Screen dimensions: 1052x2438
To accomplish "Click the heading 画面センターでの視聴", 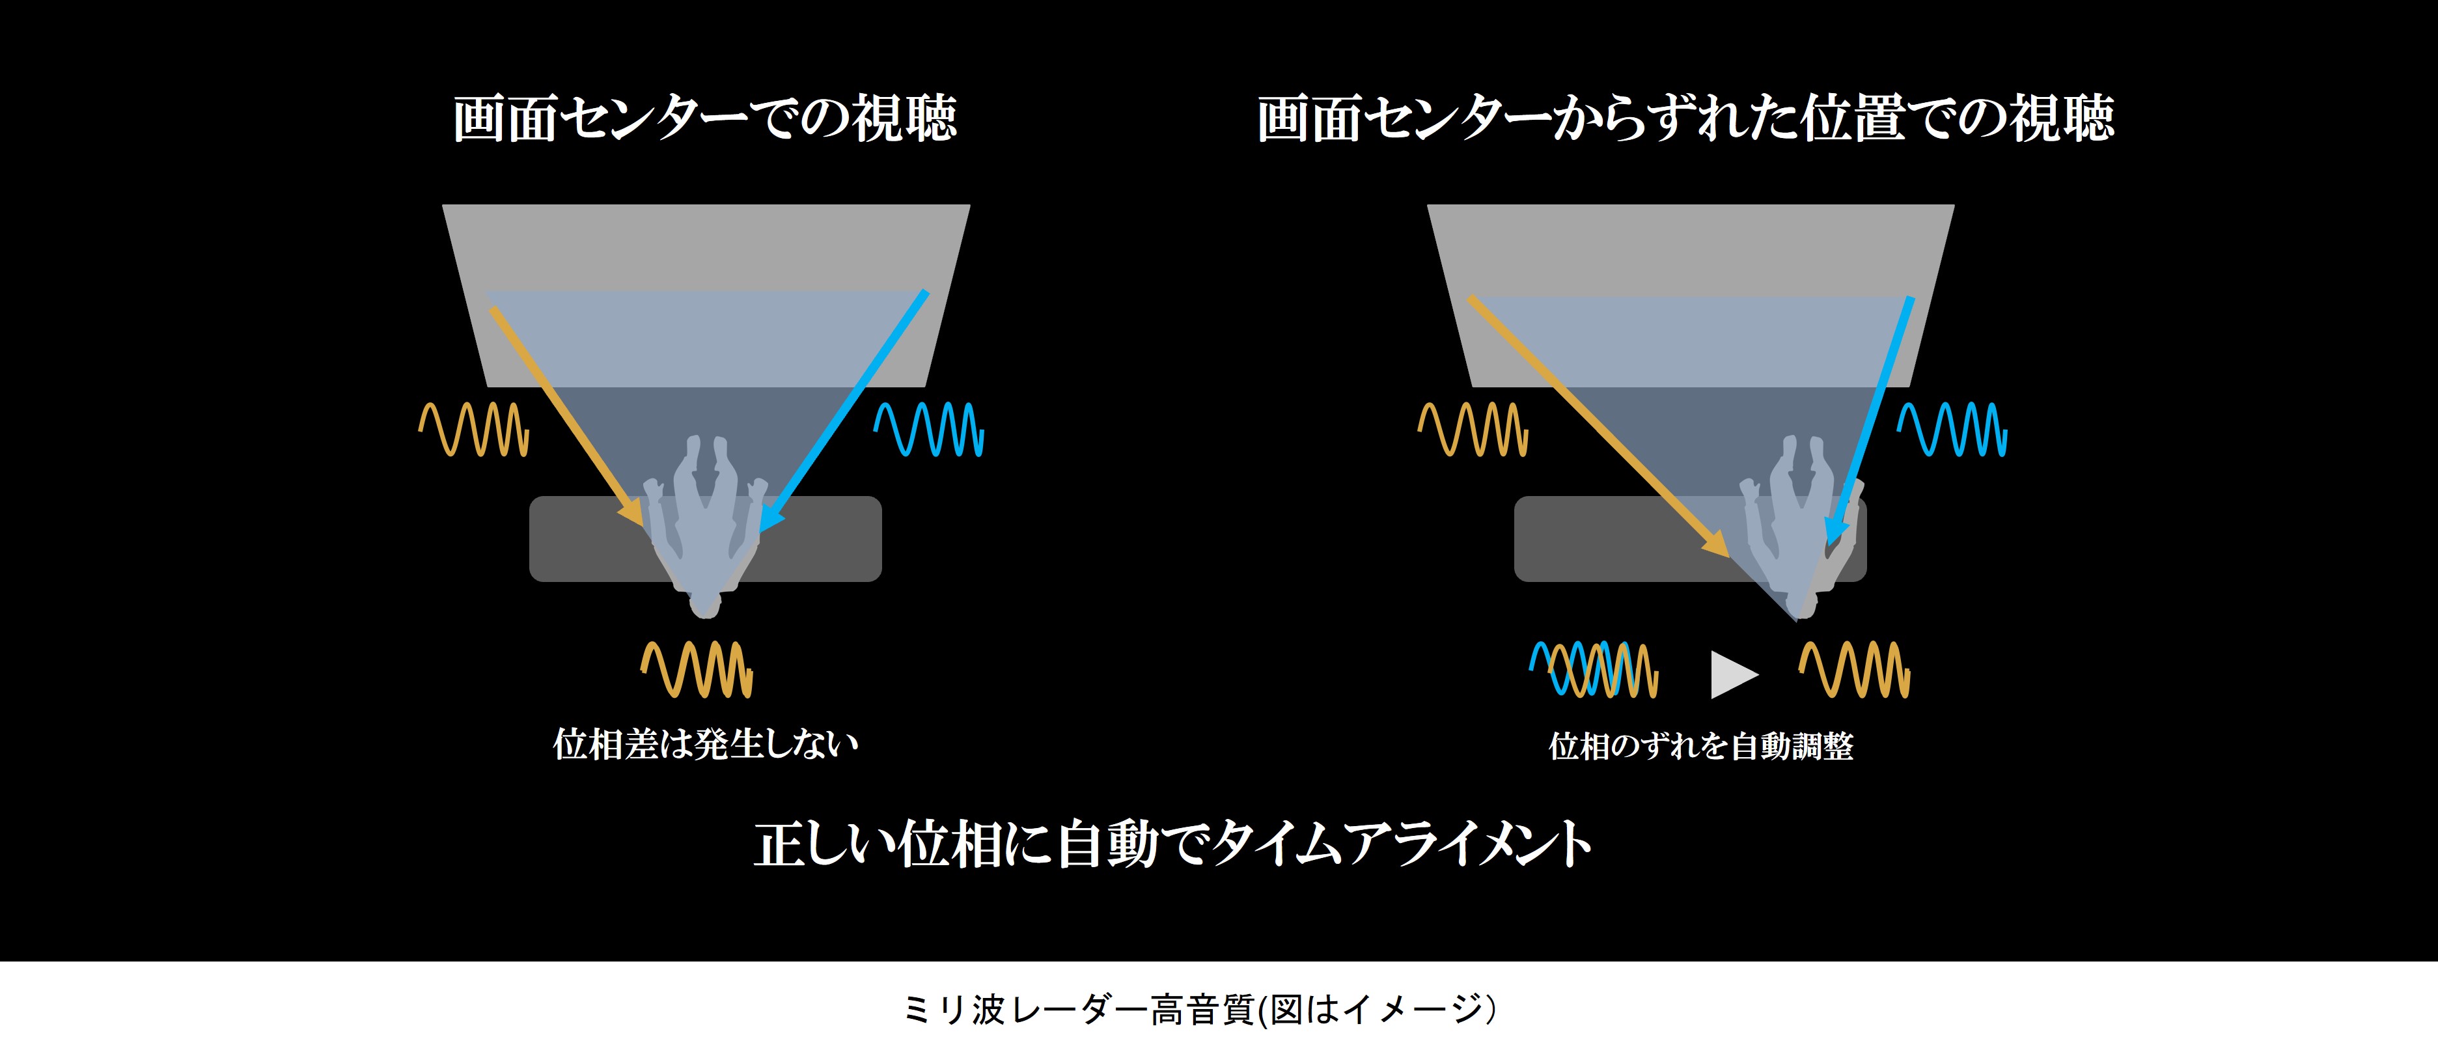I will [x=704, y=119].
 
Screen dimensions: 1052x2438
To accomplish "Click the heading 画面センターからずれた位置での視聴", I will [x=1685, y=119].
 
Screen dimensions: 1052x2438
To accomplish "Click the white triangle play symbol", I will [x=1731, y=674].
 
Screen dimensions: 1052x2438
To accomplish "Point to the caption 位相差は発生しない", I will [x=705, y=745].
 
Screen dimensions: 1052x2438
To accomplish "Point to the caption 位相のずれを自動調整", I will [x=1700, y=747].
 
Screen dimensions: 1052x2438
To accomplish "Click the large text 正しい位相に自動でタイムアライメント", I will [x=1172, y=844].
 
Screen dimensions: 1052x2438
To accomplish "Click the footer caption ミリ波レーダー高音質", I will [x=1200, y=1010].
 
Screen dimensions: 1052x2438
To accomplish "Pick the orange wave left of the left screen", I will [x=474, y=430].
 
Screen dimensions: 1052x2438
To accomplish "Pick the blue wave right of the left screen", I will [x=928, y=430].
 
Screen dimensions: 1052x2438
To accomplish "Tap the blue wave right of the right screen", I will [x=1952, y=430].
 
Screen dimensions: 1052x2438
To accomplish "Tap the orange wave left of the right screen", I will [x=1473, y=430].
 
